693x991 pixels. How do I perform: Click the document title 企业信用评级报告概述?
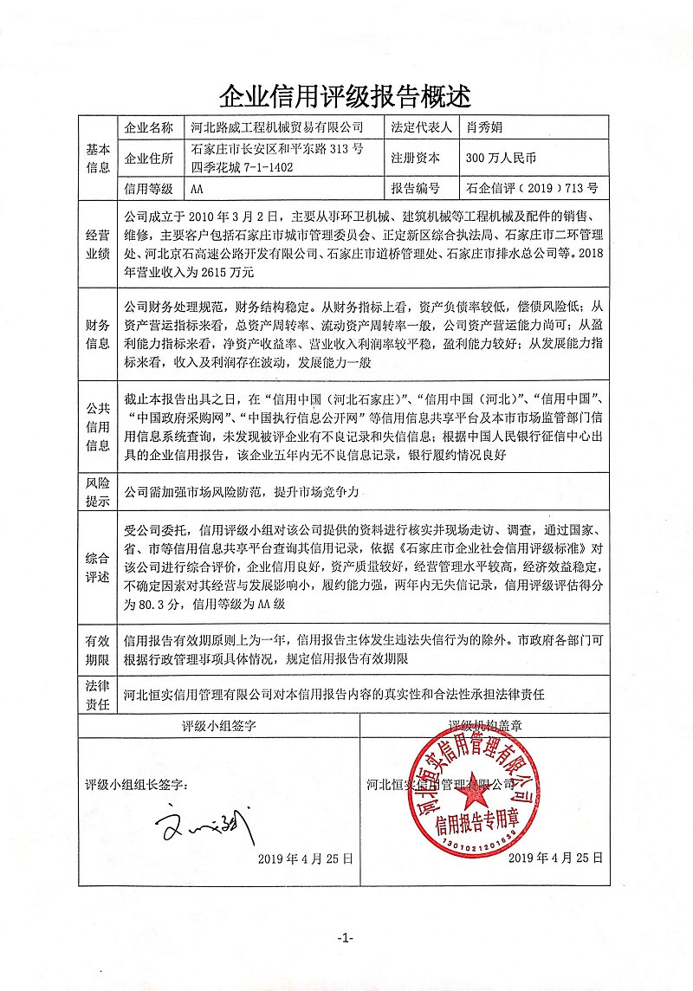pos(346,93)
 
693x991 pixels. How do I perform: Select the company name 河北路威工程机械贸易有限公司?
pos(278,127)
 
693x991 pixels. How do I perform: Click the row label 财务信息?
pos(98,335)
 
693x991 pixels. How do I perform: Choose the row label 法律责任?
pos(98,695)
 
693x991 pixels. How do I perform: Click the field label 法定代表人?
pos(422,127)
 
